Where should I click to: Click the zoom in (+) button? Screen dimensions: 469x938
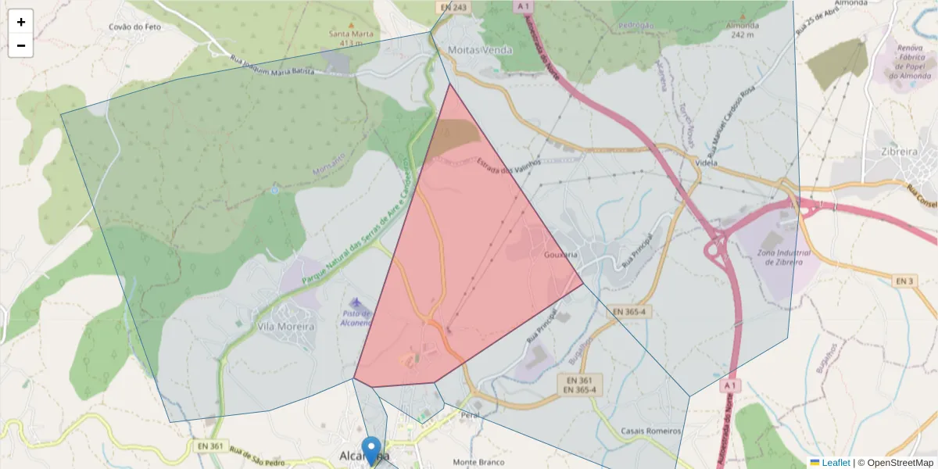(21, 22)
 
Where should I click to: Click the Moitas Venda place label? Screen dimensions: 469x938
(481, 50)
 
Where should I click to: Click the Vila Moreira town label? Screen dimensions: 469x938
(285, 326)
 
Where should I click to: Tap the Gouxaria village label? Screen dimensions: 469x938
(560, 255)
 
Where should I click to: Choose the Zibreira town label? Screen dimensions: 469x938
(898, 152)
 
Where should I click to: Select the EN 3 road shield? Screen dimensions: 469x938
(904, 280)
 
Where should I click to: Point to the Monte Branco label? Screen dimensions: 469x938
(475, 462)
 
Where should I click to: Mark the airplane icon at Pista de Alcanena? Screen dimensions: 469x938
(357, 302)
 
